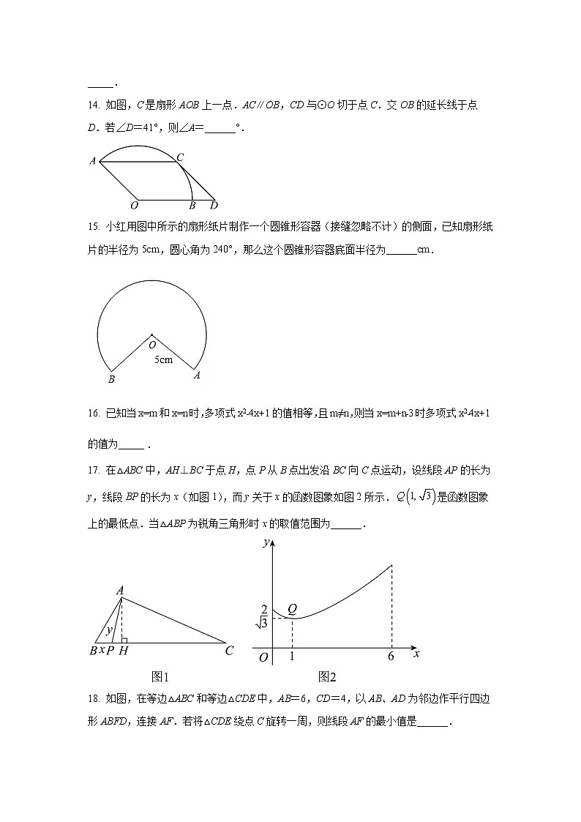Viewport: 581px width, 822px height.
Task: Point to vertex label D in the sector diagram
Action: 214,206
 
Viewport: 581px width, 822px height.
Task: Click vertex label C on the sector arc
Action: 180,157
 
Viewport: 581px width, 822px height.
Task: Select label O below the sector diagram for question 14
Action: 134,206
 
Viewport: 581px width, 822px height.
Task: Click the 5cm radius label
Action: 163,359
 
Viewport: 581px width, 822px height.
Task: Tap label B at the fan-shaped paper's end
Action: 111,379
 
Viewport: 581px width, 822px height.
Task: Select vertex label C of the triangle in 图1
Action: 229,651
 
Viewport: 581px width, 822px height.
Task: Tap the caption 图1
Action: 160,677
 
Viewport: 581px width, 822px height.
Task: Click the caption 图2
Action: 326,677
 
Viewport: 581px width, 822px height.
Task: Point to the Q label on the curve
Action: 292,608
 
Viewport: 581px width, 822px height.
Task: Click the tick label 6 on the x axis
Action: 391,657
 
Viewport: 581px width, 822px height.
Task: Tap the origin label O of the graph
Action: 263,657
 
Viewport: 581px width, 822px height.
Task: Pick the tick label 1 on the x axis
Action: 292,657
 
